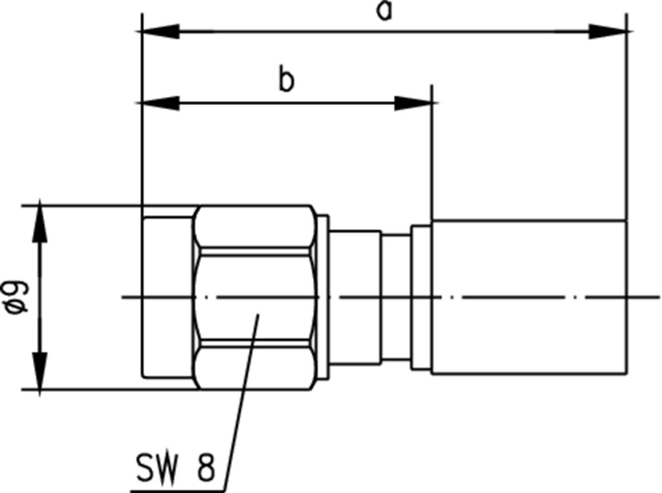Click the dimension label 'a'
click(x=385, y=11)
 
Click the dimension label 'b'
click(x=286, y=81)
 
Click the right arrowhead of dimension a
click(x=608, y=32)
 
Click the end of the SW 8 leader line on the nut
click(x=258, y=315)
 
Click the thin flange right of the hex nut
click(x=323, y=297)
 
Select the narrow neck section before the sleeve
click(x=396, y=297)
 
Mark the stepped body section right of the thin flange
click(x=355, y=297)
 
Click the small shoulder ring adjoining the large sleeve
click(x=421, y=297)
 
